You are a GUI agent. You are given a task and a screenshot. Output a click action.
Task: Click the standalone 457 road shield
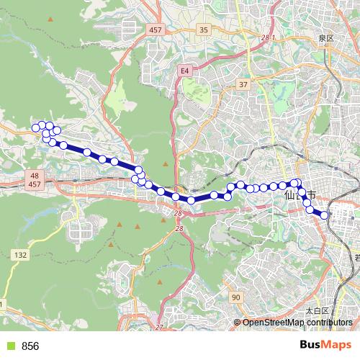point(156,30)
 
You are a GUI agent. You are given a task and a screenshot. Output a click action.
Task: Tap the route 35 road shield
point(204,30)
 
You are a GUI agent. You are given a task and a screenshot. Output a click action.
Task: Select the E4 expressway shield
point(185,71)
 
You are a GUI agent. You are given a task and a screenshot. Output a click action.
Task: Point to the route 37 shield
point(243,84)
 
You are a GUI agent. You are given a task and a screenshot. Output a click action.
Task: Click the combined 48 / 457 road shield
point(35,180)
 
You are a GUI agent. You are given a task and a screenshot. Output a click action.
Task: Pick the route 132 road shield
point(21,255)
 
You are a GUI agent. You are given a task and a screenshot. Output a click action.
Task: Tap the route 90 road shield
point(235,297)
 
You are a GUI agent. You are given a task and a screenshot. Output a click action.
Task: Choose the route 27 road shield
point(158,328)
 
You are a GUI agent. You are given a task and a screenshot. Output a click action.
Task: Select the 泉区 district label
point(326,37)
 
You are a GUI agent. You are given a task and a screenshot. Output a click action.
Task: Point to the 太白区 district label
point(317,311)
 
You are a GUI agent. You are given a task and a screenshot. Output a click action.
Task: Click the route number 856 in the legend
point(30,346)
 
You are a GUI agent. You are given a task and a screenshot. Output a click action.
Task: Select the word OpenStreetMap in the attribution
point(274,323)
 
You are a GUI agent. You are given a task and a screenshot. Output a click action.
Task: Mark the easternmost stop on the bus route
point(324,215)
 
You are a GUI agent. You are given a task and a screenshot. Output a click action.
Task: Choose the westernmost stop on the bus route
point(35,128)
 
